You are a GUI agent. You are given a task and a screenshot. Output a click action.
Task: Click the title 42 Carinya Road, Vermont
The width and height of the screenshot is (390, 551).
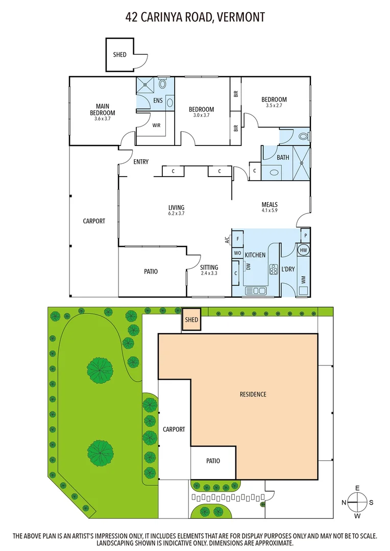pos(195,17)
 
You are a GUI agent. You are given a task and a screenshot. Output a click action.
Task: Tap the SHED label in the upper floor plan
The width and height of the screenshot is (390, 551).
pos(119,55)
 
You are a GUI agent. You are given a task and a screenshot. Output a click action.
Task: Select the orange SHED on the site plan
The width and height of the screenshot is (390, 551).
pos(191,320)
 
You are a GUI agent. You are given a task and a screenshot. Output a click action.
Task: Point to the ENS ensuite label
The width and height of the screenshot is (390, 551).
pos(158,101)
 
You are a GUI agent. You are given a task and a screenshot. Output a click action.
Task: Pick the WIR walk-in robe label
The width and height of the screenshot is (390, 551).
pos(157,124)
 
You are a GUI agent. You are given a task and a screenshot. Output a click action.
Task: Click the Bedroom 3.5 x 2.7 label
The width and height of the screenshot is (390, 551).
pos(274,102)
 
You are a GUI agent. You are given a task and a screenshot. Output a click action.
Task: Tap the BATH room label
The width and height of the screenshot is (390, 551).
pos(283,158)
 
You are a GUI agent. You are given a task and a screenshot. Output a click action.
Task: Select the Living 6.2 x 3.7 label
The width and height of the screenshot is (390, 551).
pos(176,210)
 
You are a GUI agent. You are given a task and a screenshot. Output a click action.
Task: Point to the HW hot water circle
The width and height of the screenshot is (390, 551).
pos(303,250)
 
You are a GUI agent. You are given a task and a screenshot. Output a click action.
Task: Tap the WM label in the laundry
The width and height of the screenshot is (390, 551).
pos(305,280)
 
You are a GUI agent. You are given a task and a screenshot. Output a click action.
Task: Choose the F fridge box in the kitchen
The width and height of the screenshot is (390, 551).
pos(238,238)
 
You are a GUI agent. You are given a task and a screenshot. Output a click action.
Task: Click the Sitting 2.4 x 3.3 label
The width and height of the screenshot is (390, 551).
pos(209,270)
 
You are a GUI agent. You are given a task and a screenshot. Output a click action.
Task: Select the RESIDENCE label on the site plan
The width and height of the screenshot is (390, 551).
pos(253,394)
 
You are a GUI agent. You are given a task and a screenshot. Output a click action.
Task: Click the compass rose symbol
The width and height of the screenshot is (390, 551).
pos(357,502)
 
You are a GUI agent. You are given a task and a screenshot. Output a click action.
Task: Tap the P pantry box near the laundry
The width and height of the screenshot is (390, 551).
pos(305,235)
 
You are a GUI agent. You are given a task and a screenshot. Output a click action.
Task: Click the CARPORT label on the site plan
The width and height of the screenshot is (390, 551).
pos(174,429)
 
